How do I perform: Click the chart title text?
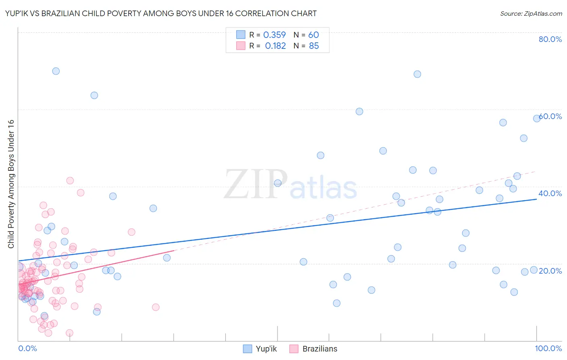point(161,13)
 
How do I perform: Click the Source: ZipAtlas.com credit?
point(531,13)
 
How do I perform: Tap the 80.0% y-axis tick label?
point(550,39)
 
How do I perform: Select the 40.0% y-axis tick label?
point(550,193)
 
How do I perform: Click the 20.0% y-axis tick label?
point(550,270)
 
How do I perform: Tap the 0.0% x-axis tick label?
point(27,348)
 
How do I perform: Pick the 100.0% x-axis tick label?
point(548,348)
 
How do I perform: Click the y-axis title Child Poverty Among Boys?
point(11,184)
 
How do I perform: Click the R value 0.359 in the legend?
point(274,35)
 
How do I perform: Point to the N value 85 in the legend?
point(314,46)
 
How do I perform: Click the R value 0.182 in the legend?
point(275,46)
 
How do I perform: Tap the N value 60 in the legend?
point(313,35)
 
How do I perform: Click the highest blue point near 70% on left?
point(56,71)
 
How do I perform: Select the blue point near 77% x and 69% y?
point(417,74)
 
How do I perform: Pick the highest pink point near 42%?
point(70,180)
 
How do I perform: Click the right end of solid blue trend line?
point(536,199)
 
